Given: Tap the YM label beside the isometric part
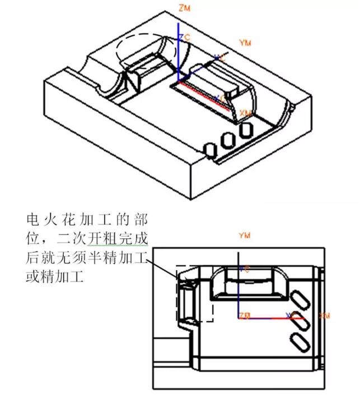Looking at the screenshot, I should pyautogui.click(x=245, y=43).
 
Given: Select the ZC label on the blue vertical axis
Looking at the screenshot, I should pyautogui.click(x=184, y=37).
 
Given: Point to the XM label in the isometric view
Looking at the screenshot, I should pyautogui.click(x=245, y=113).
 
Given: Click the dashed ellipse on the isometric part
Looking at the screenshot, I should pyautogui.click(x=146, y=51).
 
